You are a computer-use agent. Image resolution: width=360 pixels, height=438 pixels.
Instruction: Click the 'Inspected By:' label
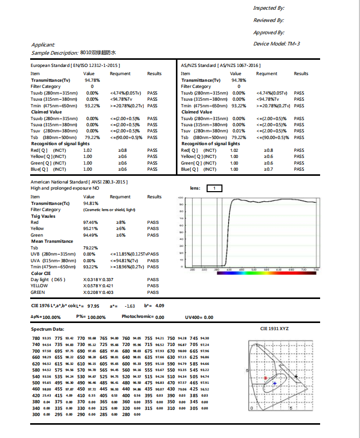point(269,8)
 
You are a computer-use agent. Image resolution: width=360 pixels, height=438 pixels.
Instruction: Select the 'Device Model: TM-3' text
point(277,43)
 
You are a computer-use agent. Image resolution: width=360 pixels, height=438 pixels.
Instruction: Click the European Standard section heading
point(75,66)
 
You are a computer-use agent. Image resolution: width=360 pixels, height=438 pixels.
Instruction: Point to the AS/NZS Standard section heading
point(221,66)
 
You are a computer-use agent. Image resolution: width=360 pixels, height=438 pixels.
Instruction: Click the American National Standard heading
point(79,181)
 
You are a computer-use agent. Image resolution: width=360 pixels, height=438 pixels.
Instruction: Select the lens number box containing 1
point(215,188)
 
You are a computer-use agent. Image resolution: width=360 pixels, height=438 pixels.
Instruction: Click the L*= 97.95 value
point(93,306)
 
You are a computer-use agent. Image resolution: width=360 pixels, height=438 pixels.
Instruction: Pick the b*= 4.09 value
point(160,306)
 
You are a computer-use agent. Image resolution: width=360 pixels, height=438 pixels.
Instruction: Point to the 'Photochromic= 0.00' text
point(143,317)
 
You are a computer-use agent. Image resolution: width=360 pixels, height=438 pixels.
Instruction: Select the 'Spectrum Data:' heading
point(48,329)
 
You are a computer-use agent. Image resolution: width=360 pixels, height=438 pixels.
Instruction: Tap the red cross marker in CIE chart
point(265,378)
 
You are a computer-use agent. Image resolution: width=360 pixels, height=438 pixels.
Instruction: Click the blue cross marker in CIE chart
point(275,383)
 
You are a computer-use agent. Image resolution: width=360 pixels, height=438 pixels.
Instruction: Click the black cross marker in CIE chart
point(297,377)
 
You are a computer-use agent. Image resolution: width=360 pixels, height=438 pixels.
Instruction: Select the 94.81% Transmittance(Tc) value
point(91,203)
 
